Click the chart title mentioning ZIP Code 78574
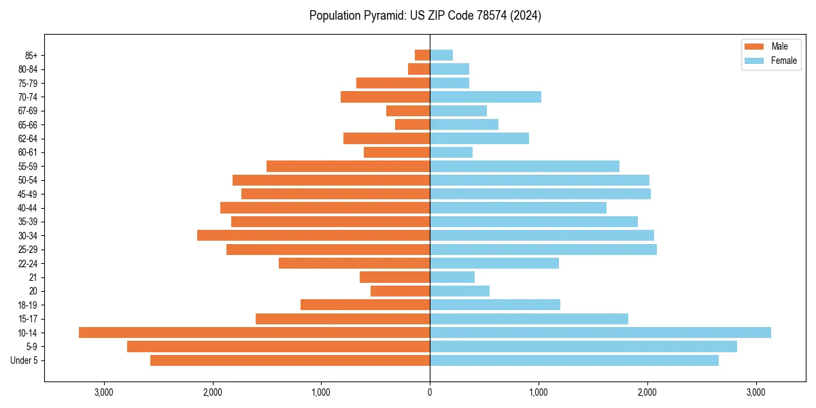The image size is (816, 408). [x=425, y=16]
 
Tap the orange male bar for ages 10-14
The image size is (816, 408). [x=254, y=333]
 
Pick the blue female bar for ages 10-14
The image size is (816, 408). [x=600, y=333]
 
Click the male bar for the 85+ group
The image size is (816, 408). [x=422, y=55]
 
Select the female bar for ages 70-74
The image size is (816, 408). [x=486, y=97]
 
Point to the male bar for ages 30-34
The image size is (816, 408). [x=313, y=235]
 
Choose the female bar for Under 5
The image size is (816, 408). [x=574, y=360]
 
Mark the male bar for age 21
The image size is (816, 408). [x=394, y=277]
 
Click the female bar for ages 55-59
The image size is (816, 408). [x=524, y=166]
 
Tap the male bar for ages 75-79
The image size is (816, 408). [x=393, y=83]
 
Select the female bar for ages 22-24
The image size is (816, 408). [x=494, y=263]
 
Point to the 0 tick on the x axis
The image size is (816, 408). [x=430, y=392]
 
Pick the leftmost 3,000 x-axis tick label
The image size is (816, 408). [x=104, y=392]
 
